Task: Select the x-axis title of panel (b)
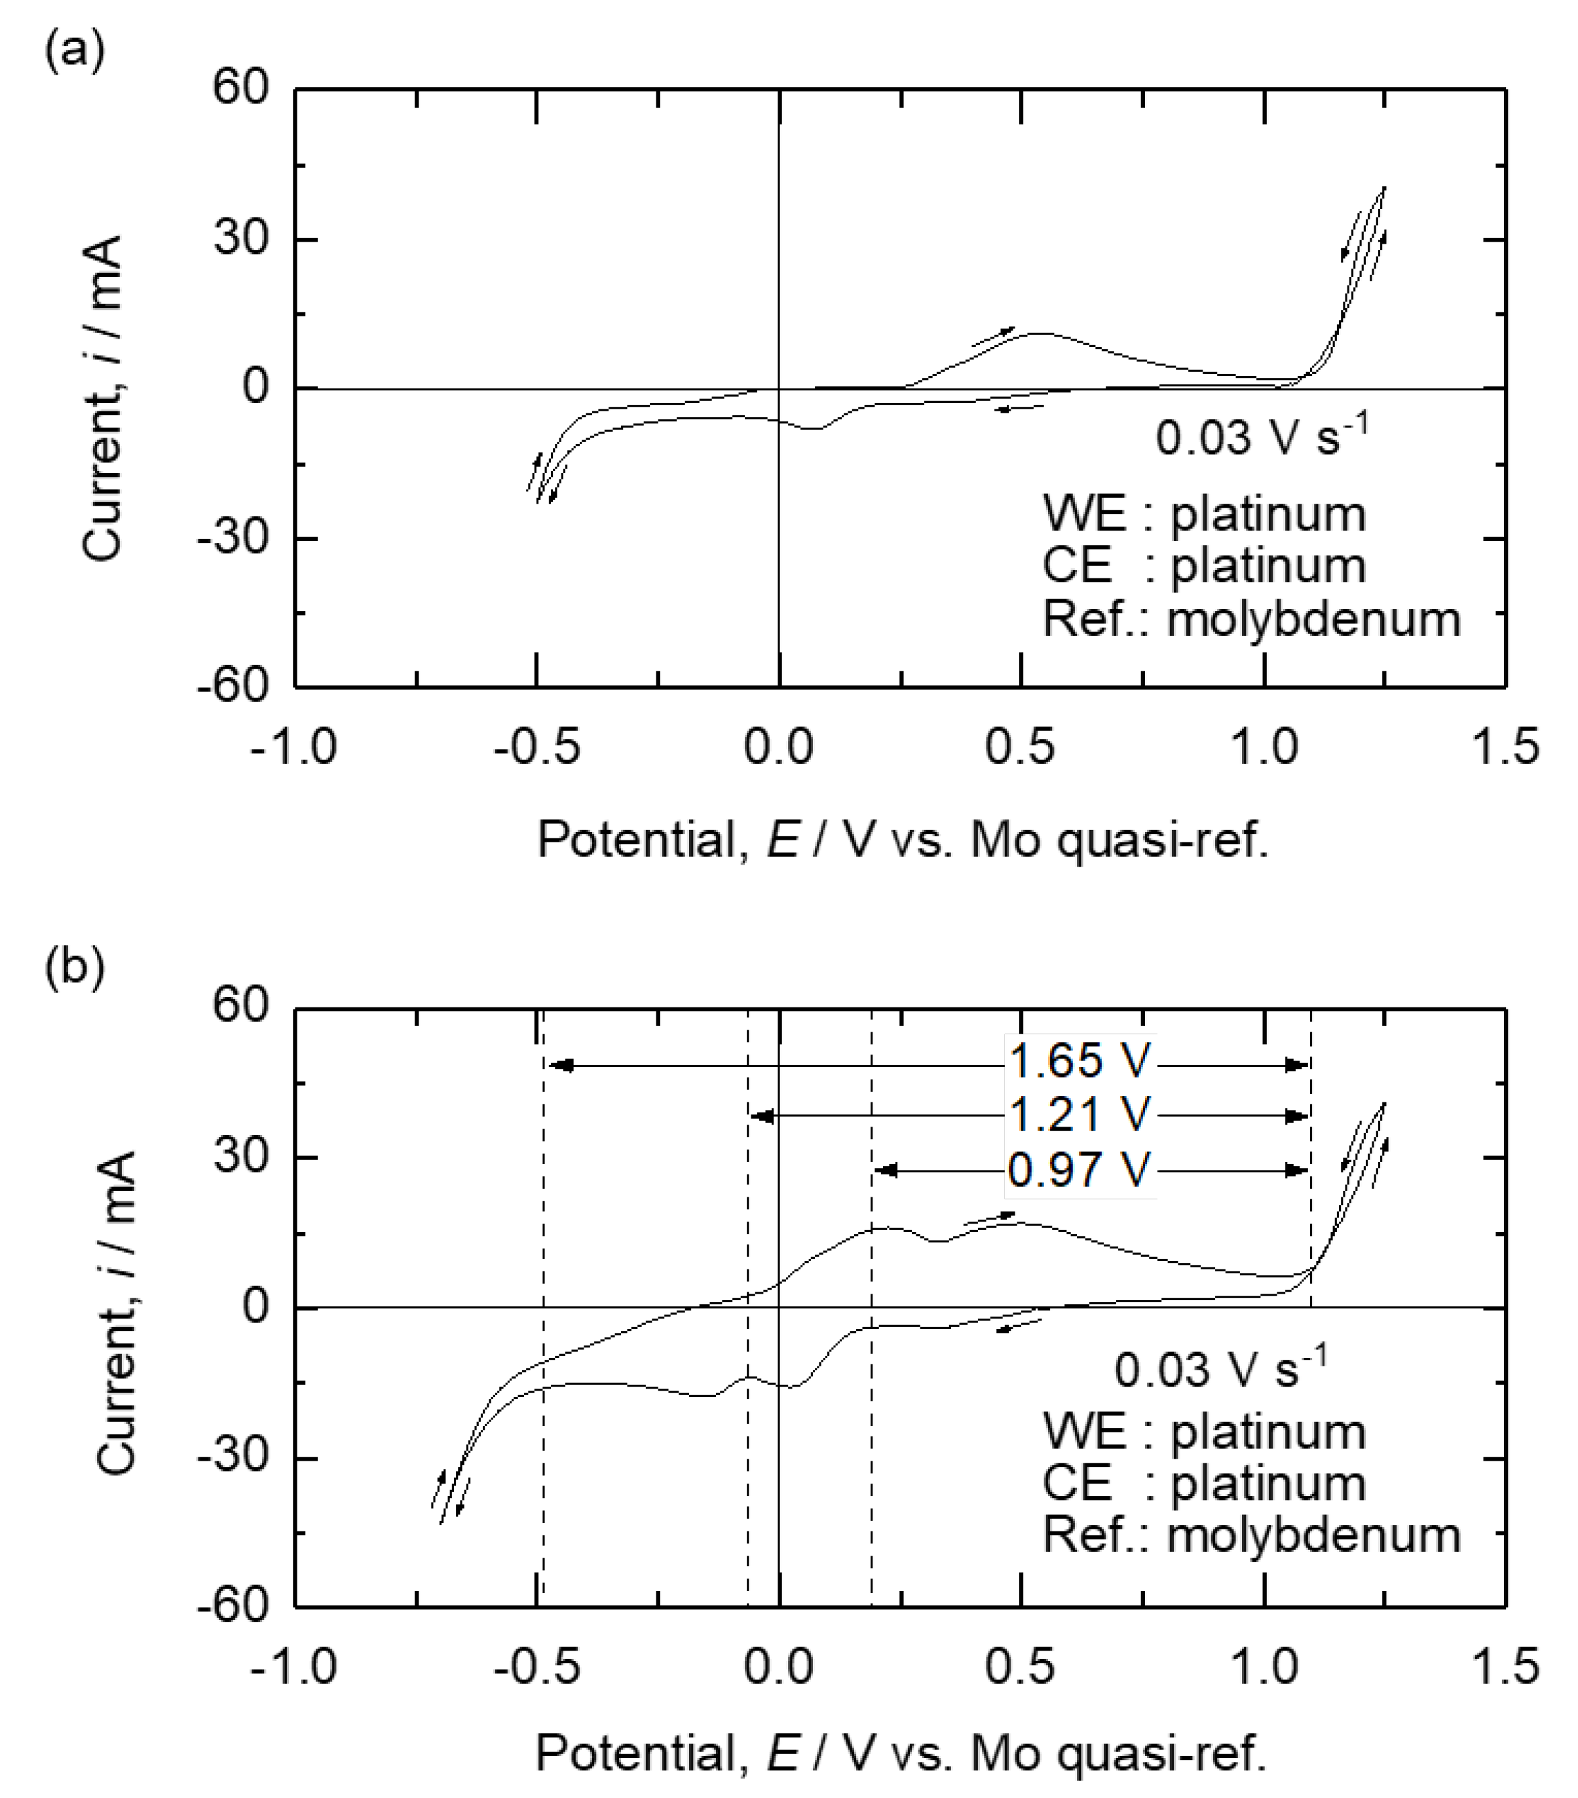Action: pos(901,1750)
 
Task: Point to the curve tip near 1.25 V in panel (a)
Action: pos(1385,187)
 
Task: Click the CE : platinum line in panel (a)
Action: pos(1203,566)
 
